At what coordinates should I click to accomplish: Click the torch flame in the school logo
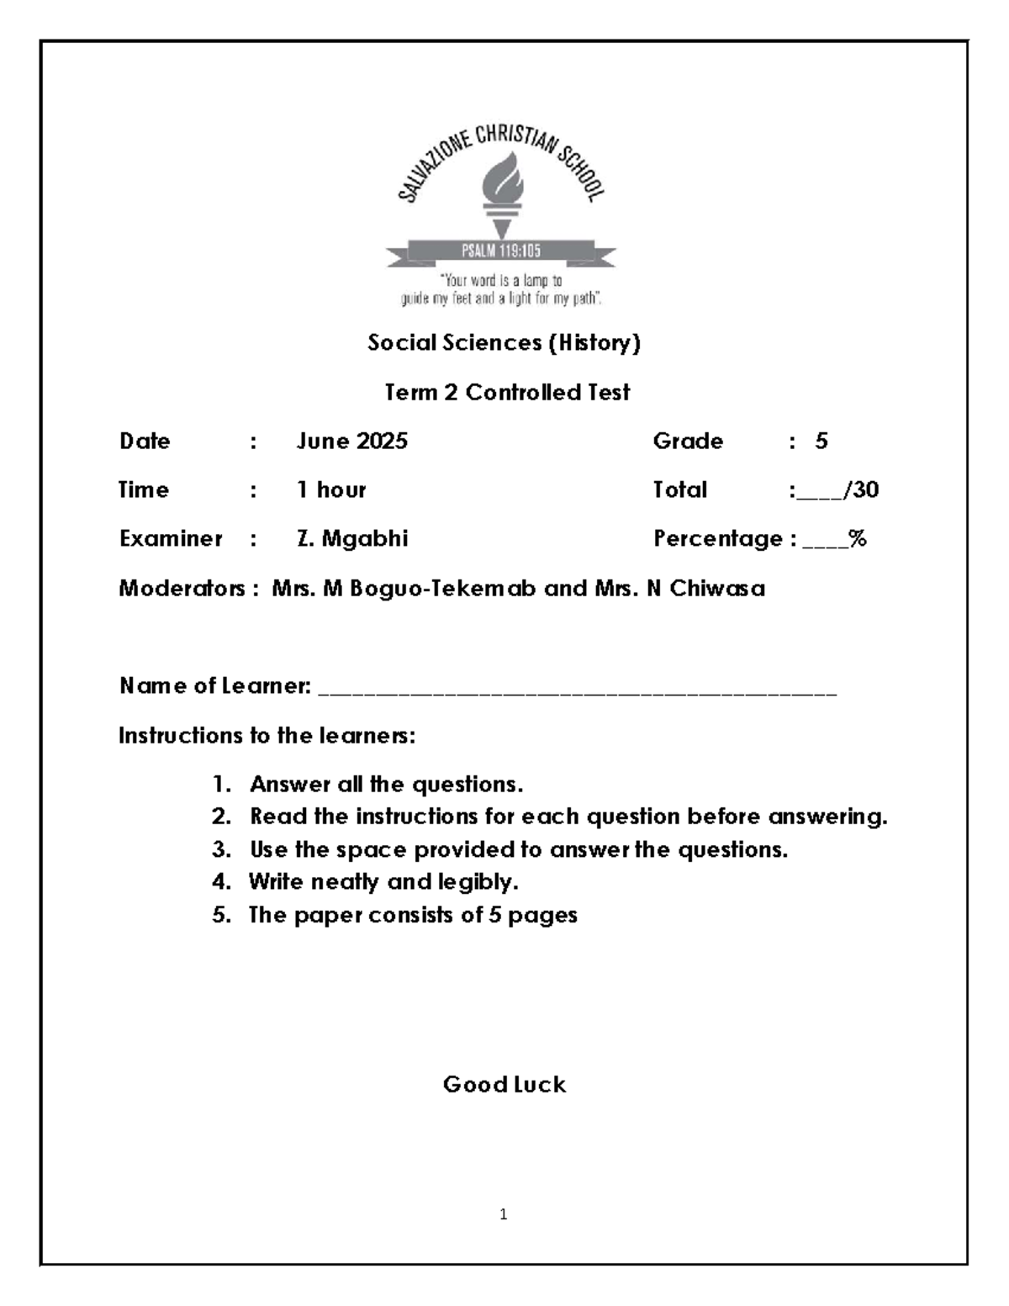pyautogui.click(x=503, y=178)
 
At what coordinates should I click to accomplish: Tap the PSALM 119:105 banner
pyautogui.click(x=501, y=251)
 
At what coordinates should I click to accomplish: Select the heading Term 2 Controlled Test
pyautogui.click(x=507, y=393)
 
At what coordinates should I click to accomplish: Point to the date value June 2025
pyautogui.click(x=351, y=442)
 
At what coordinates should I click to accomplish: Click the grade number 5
pyautogui.click(x=821, y=442)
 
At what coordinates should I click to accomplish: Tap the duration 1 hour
pyautogui.click(x=331, y=490)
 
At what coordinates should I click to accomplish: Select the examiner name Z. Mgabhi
pyautogui.click(x=352, y=539)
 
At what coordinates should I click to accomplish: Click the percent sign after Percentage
pyautogui.click(x=858, y=539)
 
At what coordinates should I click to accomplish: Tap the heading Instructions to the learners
pyautogui.click(x=267, y=736)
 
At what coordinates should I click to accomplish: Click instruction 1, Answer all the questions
pyautogui.click(x=386, y=785)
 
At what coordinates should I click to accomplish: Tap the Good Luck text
pyautogui.click(x=504, y=1085)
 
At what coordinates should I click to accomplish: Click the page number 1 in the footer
pyautogui.click(x=503, y=1214)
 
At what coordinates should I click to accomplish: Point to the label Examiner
pyautogui.click(x=171, y=539)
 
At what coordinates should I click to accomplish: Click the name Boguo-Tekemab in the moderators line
pyautogui.click(x=442, y=589)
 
